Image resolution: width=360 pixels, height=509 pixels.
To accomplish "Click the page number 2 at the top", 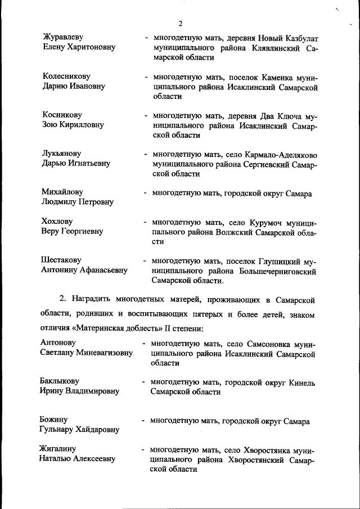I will pos(180,24).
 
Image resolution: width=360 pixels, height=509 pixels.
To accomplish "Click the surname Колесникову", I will pos(66,76).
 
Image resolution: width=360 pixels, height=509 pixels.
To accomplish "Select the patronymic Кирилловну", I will pos(81,125).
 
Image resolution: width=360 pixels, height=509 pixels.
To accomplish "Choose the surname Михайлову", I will pos(62,192).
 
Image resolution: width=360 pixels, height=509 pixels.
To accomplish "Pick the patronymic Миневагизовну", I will pos(106,353).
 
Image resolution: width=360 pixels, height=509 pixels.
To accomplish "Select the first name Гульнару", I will pos(58,430).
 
